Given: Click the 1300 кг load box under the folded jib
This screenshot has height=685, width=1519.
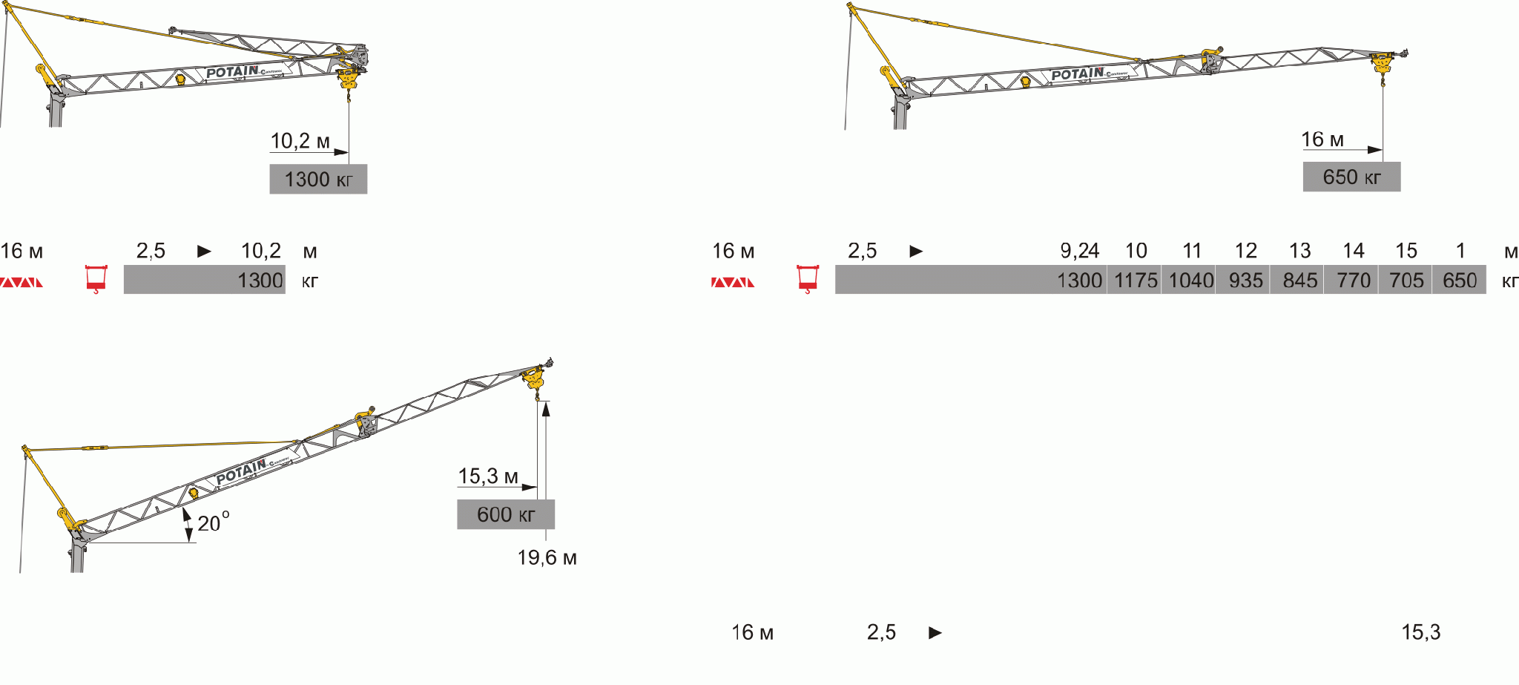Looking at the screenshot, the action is coord(318,179).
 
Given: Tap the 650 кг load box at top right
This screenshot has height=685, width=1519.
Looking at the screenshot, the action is coord(1351,177).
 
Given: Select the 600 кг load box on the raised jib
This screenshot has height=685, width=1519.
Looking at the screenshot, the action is coord(506,514).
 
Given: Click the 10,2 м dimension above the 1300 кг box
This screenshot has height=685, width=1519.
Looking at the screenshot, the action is coord(300,140).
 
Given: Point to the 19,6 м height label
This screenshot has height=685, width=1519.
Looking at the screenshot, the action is coord(547,557).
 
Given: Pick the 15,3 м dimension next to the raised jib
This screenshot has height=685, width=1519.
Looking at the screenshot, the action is coord(487,476).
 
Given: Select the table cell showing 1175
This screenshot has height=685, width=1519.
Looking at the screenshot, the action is coord(1135,280).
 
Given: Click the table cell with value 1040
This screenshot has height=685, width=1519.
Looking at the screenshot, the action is coord(1190,280).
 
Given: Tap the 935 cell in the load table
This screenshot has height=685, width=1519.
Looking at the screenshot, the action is coord(1245,280).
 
